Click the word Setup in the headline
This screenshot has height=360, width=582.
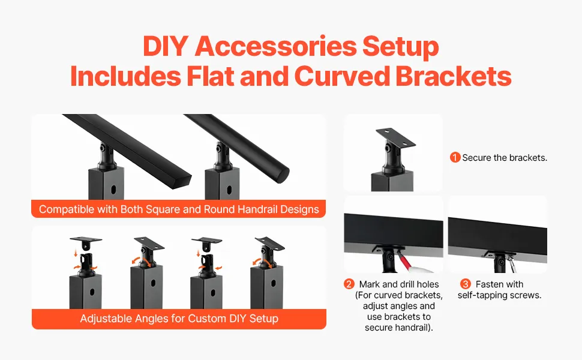click(x=400, y=47)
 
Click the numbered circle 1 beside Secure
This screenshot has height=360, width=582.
click(x=455, y=157)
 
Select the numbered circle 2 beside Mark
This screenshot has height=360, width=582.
click(x=349, y=284)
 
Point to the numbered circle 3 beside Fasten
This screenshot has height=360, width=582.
click(x=466, y=284)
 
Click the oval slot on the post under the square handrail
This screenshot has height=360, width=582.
click(x=112, y=189)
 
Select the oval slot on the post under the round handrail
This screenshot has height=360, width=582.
click(x=229, y=190)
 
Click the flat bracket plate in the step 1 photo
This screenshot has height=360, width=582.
click(x=395, y=137)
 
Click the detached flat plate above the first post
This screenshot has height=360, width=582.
click(x=86, y=239)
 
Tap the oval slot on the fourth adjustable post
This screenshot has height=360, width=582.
click(x=274, y=284)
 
